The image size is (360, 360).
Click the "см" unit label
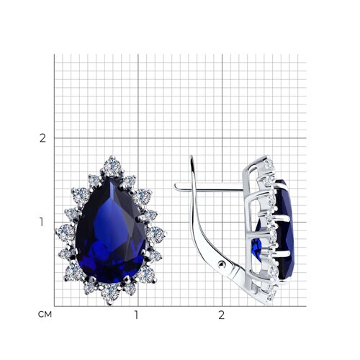(x=45, y=315)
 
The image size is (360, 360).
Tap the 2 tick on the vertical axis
(x=42, y=138)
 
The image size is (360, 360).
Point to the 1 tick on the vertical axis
(x=42, y=222)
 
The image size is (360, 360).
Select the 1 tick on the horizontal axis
(x=136, y=315)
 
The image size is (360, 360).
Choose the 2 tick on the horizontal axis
(x=221, y=315)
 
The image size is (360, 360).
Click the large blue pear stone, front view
(x=111, y=230)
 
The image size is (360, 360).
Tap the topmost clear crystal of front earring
(x=112, y=166)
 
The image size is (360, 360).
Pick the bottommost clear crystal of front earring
(x=110, y=293)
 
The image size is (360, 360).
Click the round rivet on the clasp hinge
(x=222, y=264)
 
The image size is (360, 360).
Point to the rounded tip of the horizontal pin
(x=176, y=186)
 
